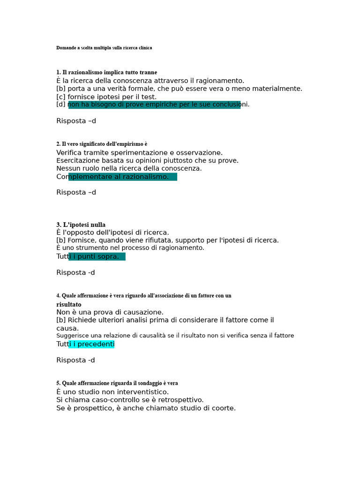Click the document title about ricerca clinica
104,48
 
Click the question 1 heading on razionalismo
106,72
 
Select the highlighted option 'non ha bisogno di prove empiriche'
155,105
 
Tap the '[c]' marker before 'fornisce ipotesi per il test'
61,97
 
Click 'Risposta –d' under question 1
76,121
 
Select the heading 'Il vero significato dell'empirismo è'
102,144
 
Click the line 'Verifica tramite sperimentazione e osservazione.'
139,153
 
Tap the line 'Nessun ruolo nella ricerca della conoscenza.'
129,168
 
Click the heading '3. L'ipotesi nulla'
81,225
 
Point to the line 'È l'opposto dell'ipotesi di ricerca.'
112,232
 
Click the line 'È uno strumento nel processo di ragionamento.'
130,248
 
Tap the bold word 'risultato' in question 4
69,305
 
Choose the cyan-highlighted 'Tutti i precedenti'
85,344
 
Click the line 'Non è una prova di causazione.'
110,312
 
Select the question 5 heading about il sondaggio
117,383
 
